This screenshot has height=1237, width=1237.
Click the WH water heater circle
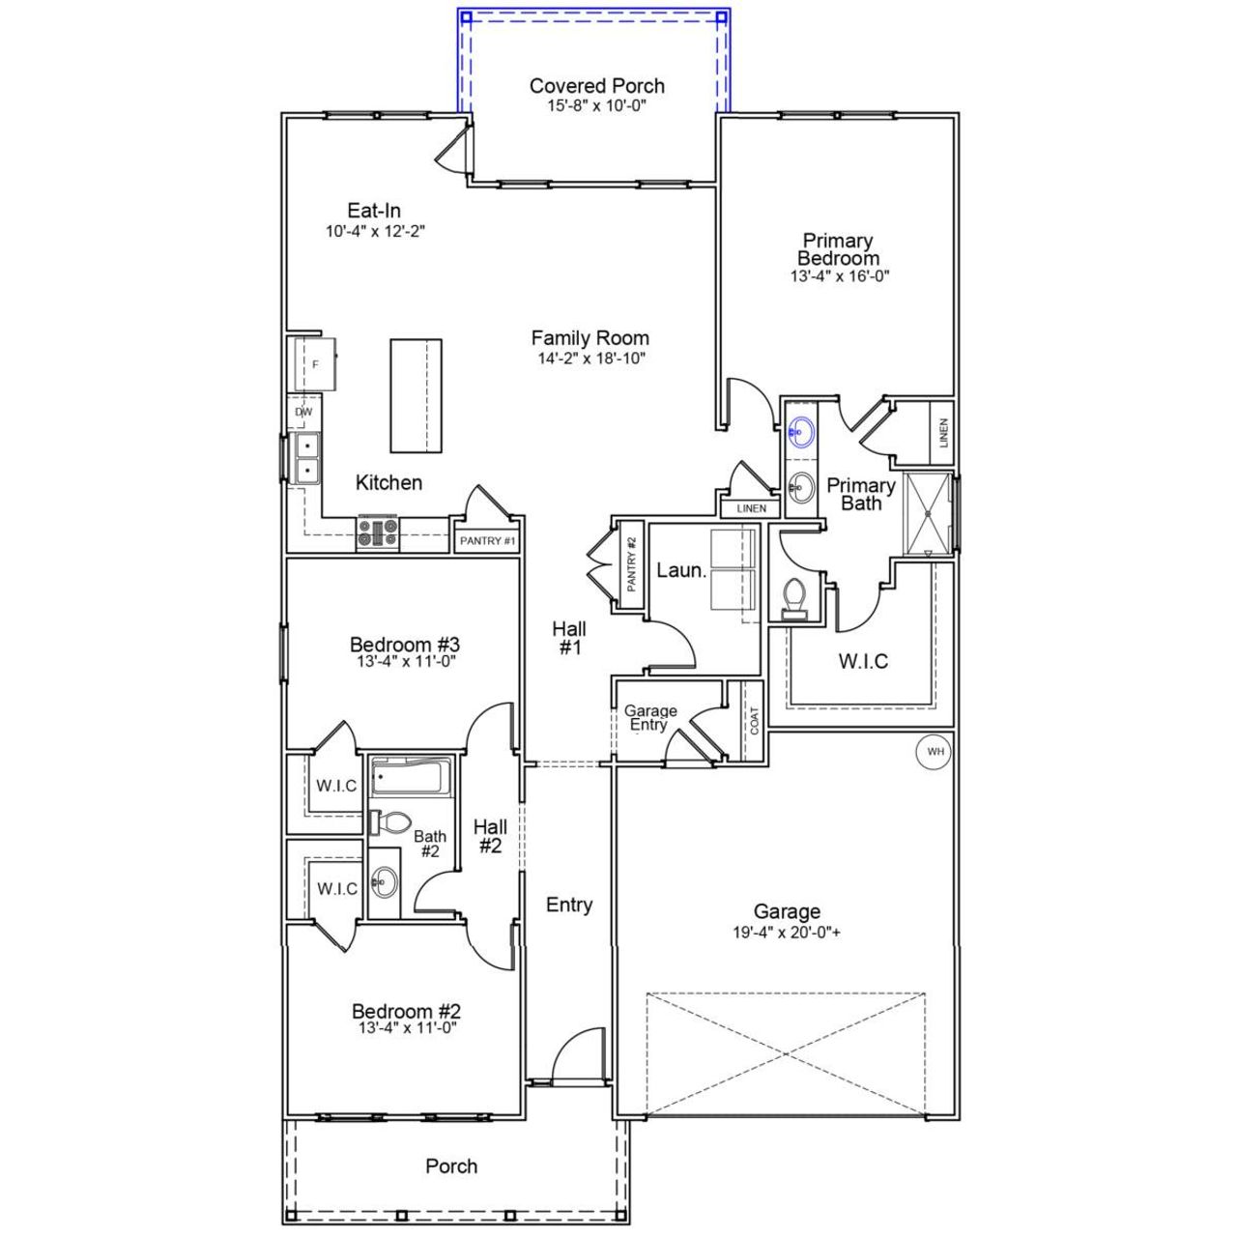tap(934, 752)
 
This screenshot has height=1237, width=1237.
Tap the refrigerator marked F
tap(315, 363)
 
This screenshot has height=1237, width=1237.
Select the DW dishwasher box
tap(303, 412)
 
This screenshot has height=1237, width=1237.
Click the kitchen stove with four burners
tap(378, 534)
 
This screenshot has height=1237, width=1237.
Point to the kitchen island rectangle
tap(416, 395)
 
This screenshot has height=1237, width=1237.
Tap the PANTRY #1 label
tap(487, 541)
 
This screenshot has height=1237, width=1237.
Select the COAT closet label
tap(754, 722)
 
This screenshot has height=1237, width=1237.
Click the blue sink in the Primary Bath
tap(800, 432)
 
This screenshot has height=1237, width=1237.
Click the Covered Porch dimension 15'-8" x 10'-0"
tap(596, 104)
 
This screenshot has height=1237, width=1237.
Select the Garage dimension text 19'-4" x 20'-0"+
tap(787, 934)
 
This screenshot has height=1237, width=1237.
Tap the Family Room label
tap(590, 338)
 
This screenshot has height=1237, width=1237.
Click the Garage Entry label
tap(649, 718)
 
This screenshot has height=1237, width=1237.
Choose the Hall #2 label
tap(490, 836)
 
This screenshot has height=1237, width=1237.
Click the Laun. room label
tap(681, 570)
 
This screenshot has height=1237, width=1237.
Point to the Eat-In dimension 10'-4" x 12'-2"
tap(375, 231)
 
